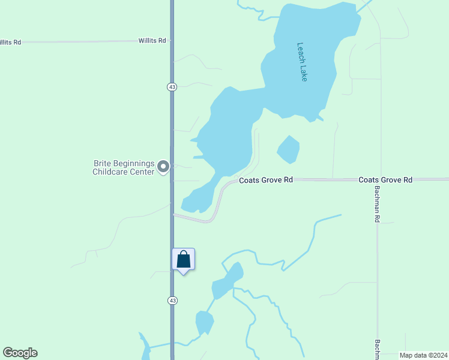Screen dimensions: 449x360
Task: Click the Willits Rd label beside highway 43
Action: (x=152, y=40)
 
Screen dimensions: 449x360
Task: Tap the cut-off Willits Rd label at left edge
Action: (x=10, y=42)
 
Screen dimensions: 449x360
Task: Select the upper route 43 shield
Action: (x=172, y=86)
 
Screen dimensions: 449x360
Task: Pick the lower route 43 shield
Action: (x=172, y=300)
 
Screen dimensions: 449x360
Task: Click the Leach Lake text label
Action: (x=302, y=62)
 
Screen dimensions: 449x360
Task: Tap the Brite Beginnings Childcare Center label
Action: (x=123, y=167)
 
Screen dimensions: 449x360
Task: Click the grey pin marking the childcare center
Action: (x=163, y=167)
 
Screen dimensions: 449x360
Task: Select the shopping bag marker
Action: (x=184, y=260)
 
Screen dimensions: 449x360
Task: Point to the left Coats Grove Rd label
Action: (x=265, y=180)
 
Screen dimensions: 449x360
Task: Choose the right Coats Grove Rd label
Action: (x=385, y=179)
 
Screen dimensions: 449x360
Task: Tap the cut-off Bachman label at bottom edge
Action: (x=378, y=350)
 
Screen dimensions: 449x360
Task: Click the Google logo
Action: (x=20, y=353)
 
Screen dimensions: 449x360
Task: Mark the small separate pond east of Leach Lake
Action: (x=288, y=149)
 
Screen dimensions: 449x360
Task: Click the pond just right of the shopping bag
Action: (x=227, y=281)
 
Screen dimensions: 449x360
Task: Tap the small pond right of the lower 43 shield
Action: (x=204, y=323)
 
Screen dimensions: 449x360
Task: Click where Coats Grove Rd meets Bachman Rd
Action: (x=378, y=179)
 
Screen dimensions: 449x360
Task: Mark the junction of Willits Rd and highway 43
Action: (x=172, y=41)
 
